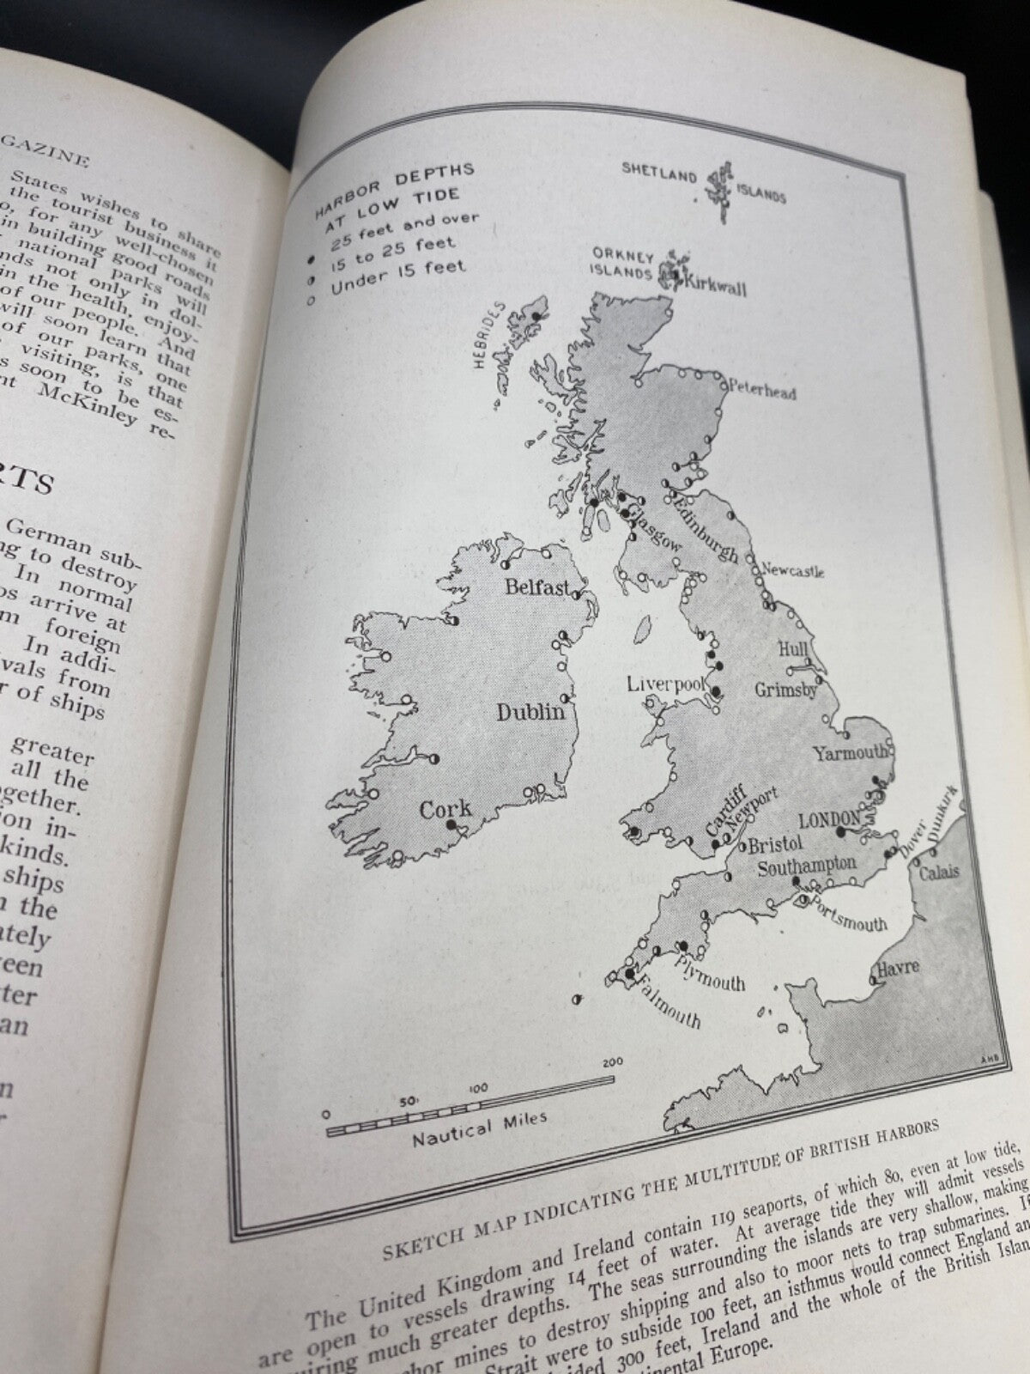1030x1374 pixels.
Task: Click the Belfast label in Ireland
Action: (537, 588)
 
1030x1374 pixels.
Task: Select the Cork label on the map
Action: (445, 809)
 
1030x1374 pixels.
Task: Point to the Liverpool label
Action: (664, 684)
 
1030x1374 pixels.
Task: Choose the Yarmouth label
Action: (851, 753)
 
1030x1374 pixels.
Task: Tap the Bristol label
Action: (774, 842)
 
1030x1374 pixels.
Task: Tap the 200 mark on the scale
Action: (612, 1061)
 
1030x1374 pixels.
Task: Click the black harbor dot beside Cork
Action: (450, 825)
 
